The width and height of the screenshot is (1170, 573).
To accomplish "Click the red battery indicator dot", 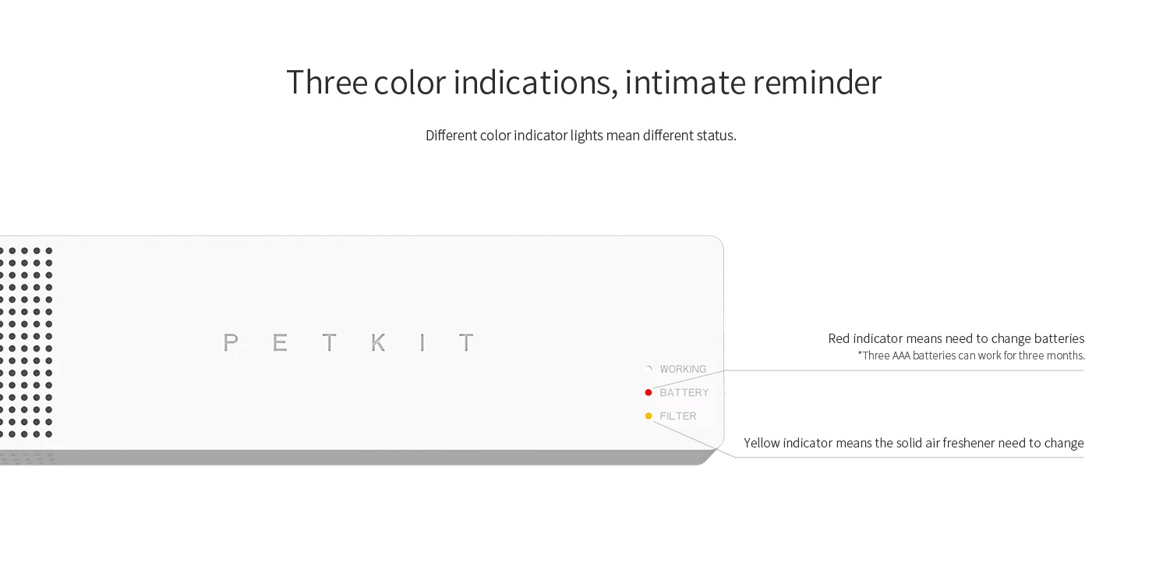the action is [x=649, y=392].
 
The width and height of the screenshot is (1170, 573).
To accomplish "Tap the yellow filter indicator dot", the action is [x=649, y=416].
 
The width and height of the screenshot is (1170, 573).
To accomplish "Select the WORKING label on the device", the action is [x=683, y=370].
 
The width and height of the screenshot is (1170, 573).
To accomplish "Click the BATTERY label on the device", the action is [x=684, y=392].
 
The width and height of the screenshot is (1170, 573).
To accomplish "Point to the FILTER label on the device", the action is [x=678, y=416].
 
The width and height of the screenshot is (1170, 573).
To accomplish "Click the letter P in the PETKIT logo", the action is [x=231, y=343].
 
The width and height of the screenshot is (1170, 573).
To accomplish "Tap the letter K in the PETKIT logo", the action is [x=379, y=343].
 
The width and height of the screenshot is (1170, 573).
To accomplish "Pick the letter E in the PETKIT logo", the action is [x=280, y=343].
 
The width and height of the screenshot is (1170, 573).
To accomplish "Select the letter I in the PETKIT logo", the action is [x=422, y=343].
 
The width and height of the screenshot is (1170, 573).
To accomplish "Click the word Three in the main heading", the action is [x=327, y=82].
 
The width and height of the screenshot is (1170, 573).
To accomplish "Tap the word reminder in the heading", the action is [x=817, y=82].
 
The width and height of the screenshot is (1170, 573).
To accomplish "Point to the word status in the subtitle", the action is [x=717, y=136].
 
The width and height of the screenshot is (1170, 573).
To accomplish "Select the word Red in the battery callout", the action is [x=839, y=338].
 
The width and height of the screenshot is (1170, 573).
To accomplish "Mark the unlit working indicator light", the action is [x=649, y=369].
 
